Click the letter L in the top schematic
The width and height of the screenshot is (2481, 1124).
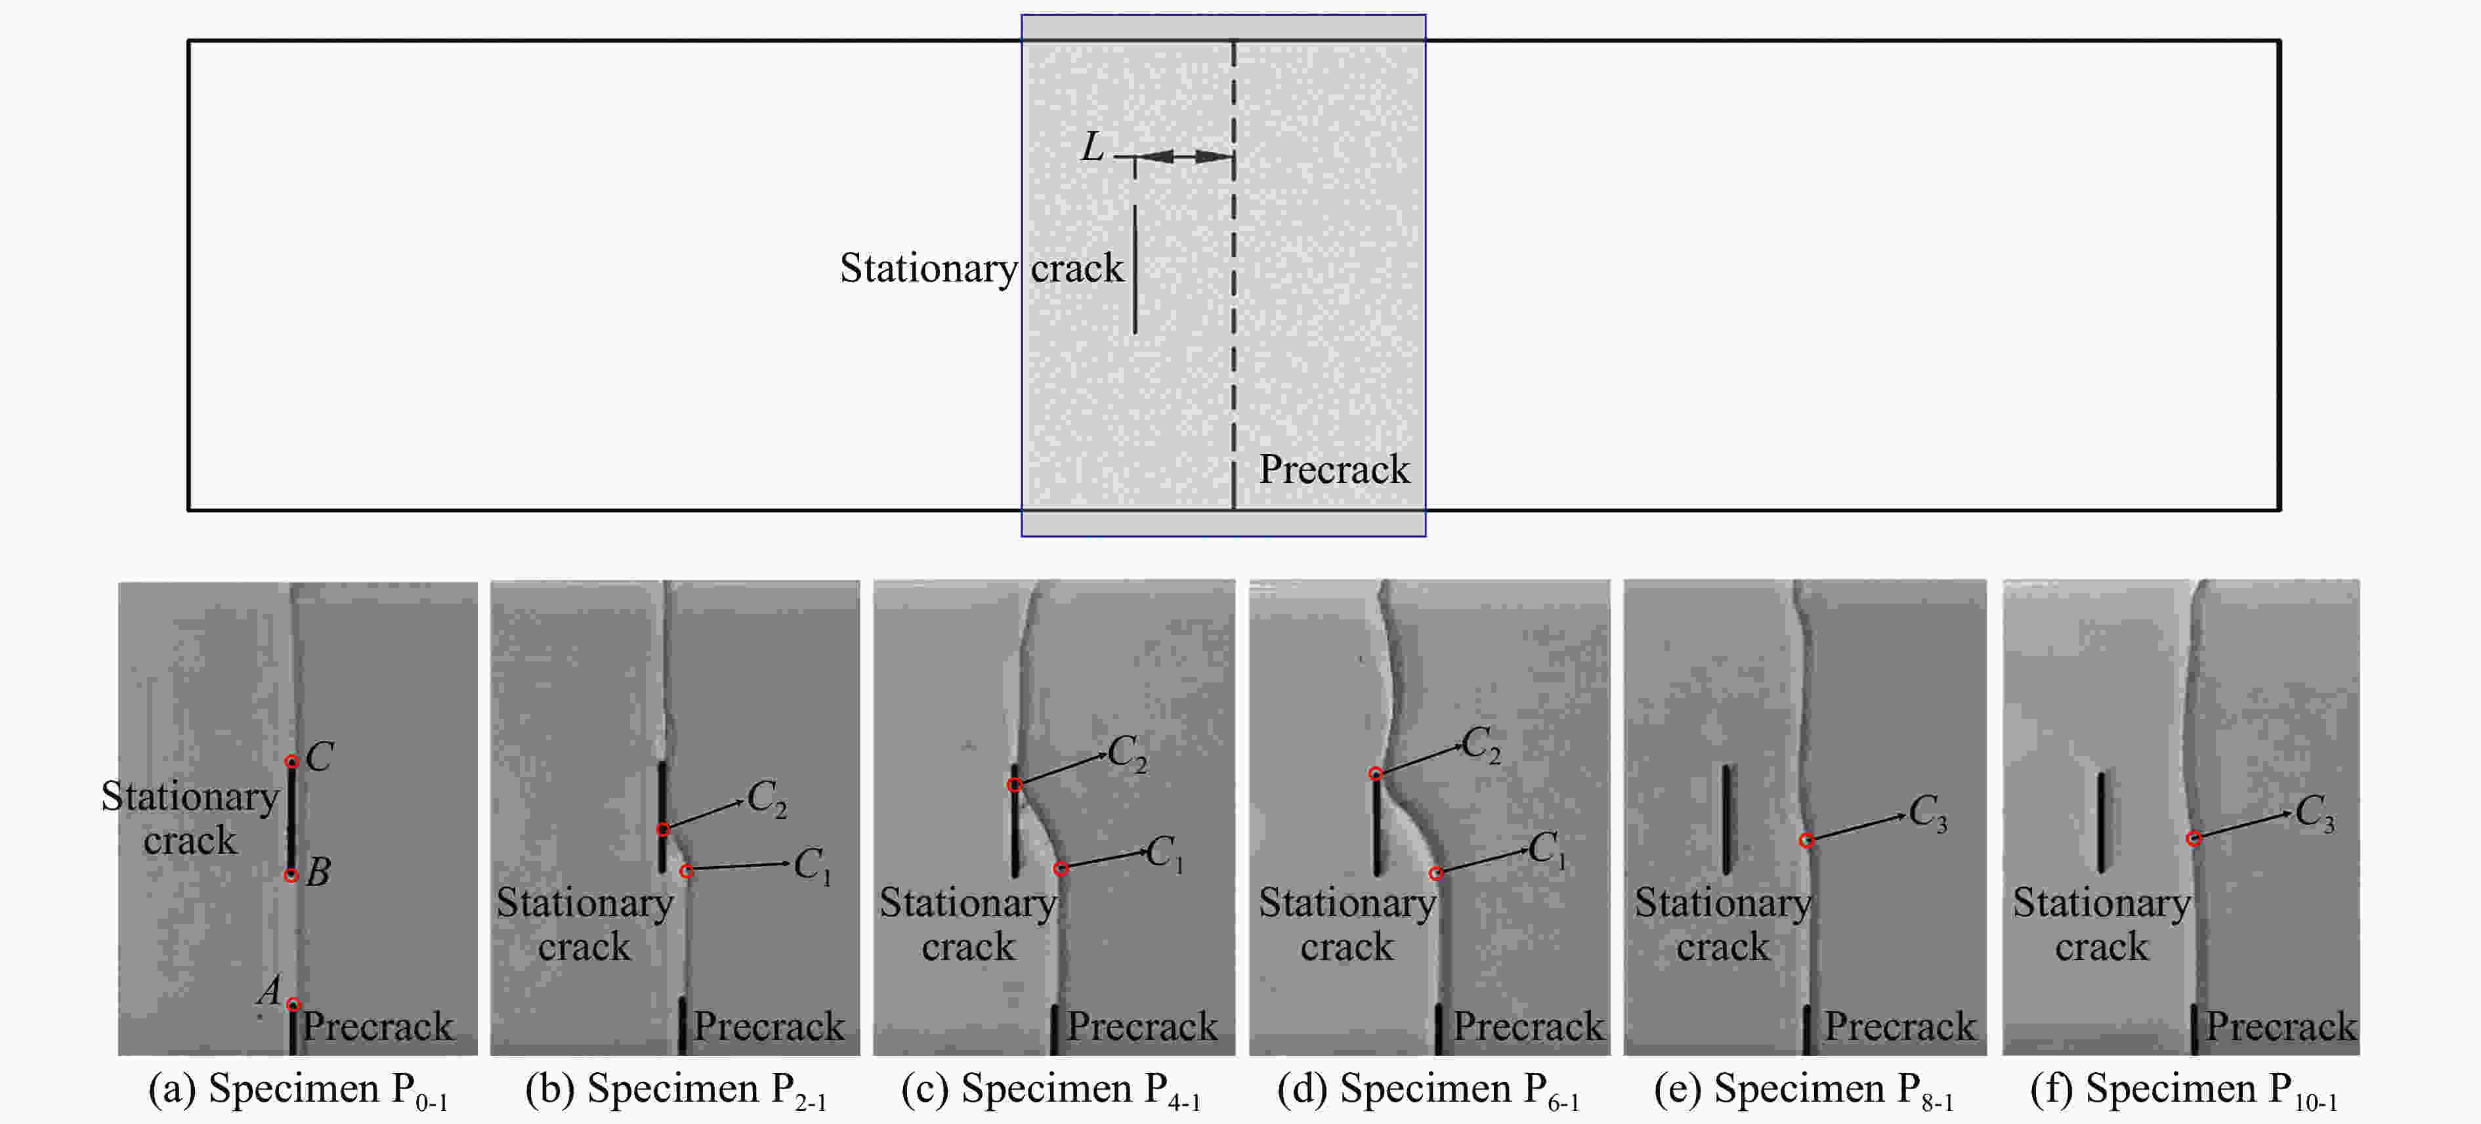point(1092,148)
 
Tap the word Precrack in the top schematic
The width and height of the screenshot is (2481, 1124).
point(1334,470)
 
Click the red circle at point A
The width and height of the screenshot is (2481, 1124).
point(294,1005)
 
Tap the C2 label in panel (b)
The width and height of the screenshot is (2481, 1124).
point(767,799)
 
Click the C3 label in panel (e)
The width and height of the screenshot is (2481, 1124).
point(1928,813)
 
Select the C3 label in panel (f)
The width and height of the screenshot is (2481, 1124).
point(2314,813)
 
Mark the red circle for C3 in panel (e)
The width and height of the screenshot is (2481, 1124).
point(1807,841)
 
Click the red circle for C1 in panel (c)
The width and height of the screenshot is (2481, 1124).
point(1061,869)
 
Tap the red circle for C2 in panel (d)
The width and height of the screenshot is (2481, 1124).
point(1376,774)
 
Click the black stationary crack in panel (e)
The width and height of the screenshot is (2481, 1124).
point(1727,820)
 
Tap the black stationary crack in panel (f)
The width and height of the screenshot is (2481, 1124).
point(2100,822)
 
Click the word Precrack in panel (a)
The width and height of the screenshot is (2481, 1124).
point(377,1027)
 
